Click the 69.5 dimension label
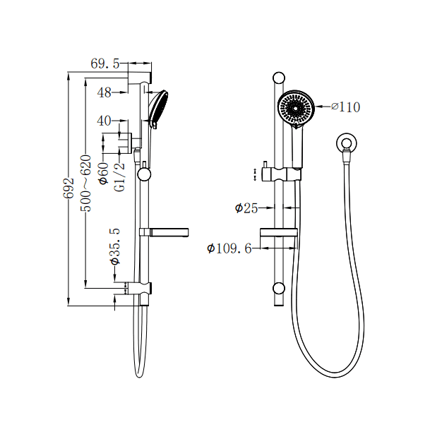[x=106, y=64]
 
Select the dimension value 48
[x=104, y=92]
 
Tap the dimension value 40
[x=104, y=121]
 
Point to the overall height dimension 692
[x=69, y=189]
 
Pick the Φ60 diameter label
[x=103, y=174]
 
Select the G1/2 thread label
[x=120, y=176]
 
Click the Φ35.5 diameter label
[x=116, y=246]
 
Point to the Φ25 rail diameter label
[x=247, y=208]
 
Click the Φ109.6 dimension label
[x=229, y=248]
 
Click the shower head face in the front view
[x=295, y=108]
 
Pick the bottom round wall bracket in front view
[x=279, y=288]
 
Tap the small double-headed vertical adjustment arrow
[x=255, y=174]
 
